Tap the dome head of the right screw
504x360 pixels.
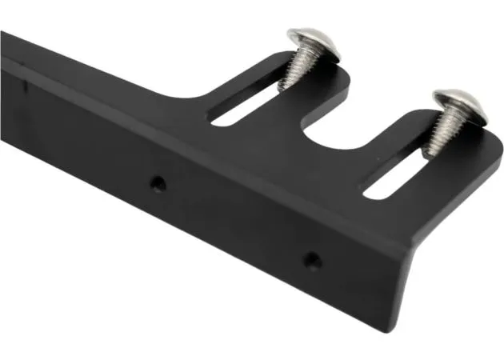459,105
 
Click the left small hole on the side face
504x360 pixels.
159,183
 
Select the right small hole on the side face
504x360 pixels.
313,260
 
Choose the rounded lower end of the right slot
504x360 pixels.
370,193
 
